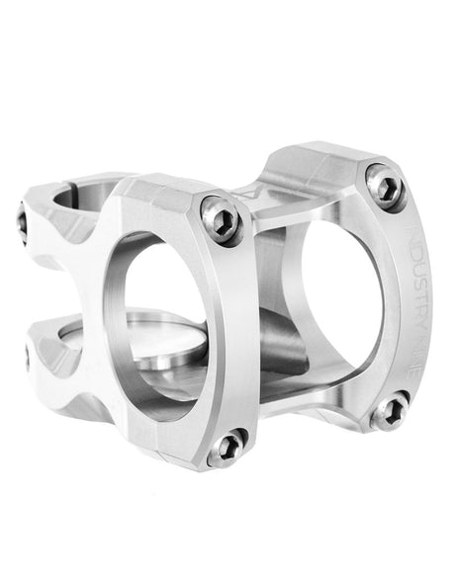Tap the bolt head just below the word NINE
[x=391, y=409]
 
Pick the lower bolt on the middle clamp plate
[x=230, y=446]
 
